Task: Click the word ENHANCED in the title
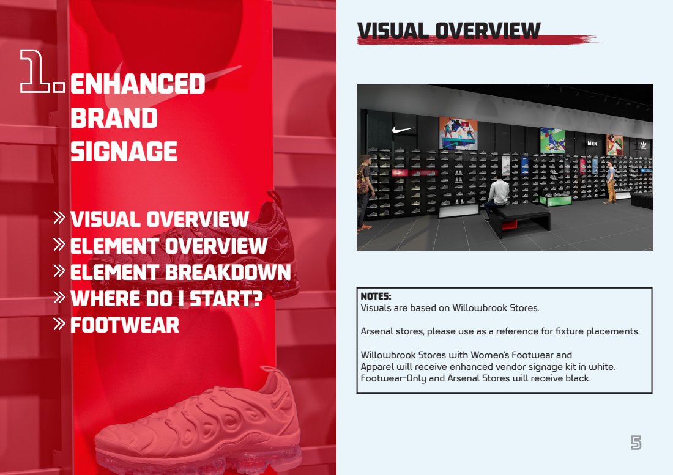coord(138,84)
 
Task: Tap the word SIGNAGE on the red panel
coord(124,152)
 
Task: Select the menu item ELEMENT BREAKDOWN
coord(180,273)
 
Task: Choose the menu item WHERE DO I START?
coord(166,299)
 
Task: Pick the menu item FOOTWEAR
coord(125,325)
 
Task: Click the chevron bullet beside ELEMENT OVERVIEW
coord(60,245)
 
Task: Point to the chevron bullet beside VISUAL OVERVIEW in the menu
coord(60,218)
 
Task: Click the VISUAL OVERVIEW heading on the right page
coord(448,31)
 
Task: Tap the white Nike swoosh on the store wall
coord(403,129)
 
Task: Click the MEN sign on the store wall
coord(592,144)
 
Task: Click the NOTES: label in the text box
coord(376,296)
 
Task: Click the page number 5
coord(636,443)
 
